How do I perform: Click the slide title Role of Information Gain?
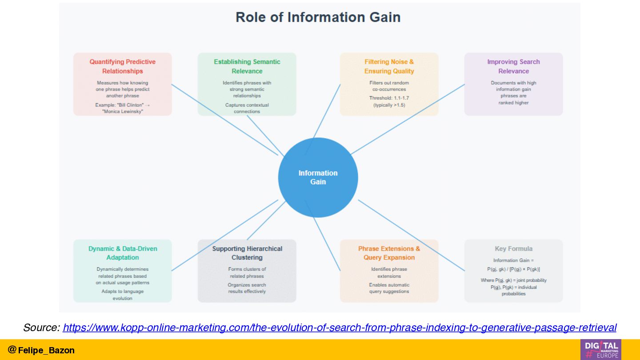tap(318, 17)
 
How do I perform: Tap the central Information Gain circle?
tap(318, 177)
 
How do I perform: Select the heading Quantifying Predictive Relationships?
tap(123, 66)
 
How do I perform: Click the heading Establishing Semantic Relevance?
tap(247, 66)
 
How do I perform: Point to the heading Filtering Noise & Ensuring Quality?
tap(389, 66)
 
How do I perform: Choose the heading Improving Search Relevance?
tap(513, 66)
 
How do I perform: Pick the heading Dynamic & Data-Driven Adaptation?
tap(123, 253)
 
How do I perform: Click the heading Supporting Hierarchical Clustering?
tap(247, 253)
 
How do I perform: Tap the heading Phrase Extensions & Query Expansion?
tap(389, 253)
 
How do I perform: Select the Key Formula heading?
tap(513, 248)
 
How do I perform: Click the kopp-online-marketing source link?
tap(340, 328)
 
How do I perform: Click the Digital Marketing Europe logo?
tap(600, 349)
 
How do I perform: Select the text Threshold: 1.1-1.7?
tap(389, 98)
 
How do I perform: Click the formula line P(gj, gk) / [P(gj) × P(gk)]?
tap(513, 269)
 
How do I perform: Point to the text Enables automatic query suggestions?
tap(389, 288)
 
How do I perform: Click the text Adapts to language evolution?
tap(123, 295)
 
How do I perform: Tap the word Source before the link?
tap(41, 328)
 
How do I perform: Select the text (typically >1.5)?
tap(389, 105)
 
